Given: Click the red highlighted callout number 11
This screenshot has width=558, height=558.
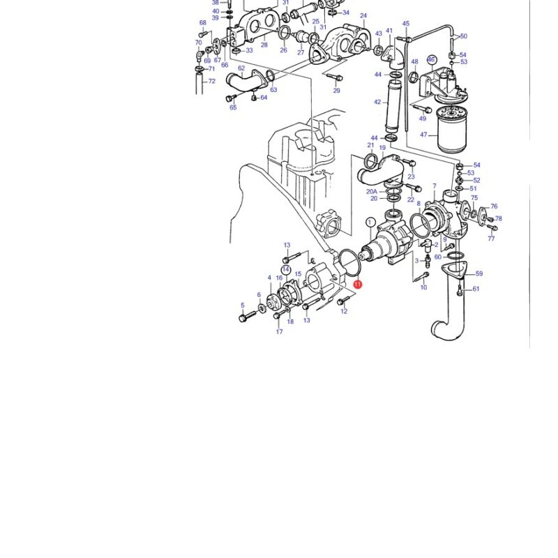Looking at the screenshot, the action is [x=358, y=285].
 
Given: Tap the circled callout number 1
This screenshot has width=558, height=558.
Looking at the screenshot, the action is [x=370, y=223].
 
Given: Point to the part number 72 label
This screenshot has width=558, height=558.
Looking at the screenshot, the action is [x=212, y=81].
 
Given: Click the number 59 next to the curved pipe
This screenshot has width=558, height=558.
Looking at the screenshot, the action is [x=479, y=273].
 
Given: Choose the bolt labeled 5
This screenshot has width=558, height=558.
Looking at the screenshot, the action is [x=248, y=316].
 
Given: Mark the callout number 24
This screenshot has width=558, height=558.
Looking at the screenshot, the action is [x=363, y=15].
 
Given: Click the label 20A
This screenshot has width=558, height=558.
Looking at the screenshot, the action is [x=372, y=191].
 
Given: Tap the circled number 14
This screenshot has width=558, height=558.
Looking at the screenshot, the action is [x=286, y=270].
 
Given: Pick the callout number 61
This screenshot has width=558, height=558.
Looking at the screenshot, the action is [x=476, y=289].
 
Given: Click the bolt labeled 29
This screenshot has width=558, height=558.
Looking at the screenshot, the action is [x=334, y=77].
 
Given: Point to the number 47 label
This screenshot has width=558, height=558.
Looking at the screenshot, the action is [x=423, y=135].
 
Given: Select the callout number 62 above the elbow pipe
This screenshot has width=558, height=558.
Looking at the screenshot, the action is [x=241, y=68].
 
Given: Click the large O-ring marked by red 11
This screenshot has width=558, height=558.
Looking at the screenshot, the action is [x=350, y=263].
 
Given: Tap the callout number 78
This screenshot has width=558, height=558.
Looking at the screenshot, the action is [x=498, y=218].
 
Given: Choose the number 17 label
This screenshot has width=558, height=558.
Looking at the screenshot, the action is [x=280, y=332].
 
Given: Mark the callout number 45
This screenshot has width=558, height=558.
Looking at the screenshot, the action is [x=406, y=24].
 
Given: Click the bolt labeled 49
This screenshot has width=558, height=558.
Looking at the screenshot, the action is [x=422, y=108].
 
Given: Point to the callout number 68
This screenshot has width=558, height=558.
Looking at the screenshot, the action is [x=203, y=23].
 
